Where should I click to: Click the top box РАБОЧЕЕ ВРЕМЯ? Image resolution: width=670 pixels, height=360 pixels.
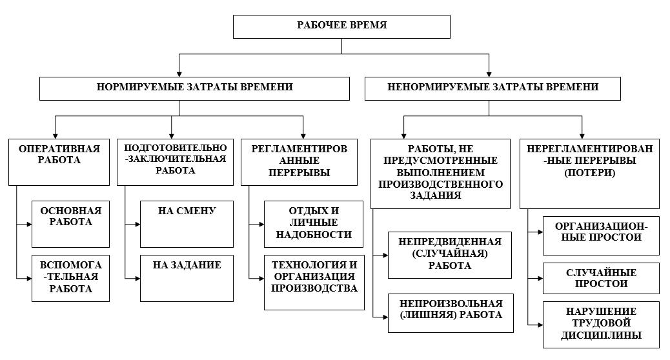point(341,26)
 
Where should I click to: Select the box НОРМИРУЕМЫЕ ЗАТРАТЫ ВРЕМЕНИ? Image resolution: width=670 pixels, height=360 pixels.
point(194,88)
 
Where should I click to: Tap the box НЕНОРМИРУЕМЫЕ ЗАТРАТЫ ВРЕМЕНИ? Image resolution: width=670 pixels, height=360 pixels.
point(492,88)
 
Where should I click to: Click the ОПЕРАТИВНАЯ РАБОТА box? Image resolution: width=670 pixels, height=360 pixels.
point(59,162)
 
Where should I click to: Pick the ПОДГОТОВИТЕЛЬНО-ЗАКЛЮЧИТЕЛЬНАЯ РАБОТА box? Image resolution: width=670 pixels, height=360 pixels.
point(175,162)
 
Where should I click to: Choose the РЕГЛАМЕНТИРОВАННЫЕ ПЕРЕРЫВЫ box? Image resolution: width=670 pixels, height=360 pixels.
point(299,162)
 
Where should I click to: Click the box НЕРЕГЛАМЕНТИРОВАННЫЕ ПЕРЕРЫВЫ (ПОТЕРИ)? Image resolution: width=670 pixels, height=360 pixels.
point(589,174)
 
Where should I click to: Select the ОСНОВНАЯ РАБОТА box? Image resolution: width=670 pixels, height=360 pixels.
point(70,224)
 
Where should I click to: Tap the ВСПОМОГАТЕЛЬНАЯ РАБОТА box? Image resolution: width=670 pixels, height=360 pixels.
point(70,279)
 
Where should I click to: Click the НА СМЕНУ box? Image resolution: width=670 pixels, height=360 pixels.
point(187,224)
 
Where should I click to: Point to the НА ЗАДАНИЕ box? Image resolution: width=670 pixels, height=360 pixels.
point(187,279)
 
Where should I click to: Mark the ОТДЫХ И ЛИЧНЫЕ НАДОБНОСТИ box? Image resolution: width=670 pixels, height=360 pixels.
point(314,224)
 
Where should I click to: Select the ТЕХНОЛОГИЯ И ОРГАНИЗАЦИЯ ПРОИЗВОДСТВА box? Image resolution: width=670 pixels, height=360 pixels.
point(314,283)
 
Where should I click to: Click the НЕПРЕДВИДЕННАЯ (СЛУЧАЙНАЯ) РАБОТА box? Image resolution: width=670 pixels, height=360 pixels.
point(449,255)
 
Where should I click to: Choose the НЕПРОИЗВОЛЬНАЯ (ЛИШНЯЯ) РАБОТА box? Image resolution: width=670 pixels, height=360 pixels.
point(451,313)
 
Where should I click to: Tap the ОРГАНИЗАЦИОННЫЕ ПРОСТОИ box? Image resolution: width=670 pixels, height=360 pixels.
point(601,235)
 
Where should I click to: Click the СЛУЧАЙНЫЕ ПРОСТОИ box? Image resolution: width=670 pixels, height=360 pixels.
point(601,279)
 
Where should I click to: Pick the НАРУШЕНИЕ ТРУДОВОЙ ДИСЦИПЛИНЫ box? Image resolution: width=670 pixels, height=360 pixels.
point(601,325)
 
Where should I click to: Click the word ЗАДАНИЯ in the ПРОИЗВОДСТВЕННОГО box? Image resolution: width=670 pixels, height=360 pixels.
point(436,195)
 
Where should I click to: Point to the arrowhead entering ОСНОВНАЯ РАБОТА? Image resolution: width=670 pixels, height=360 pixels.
point(29,224)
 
